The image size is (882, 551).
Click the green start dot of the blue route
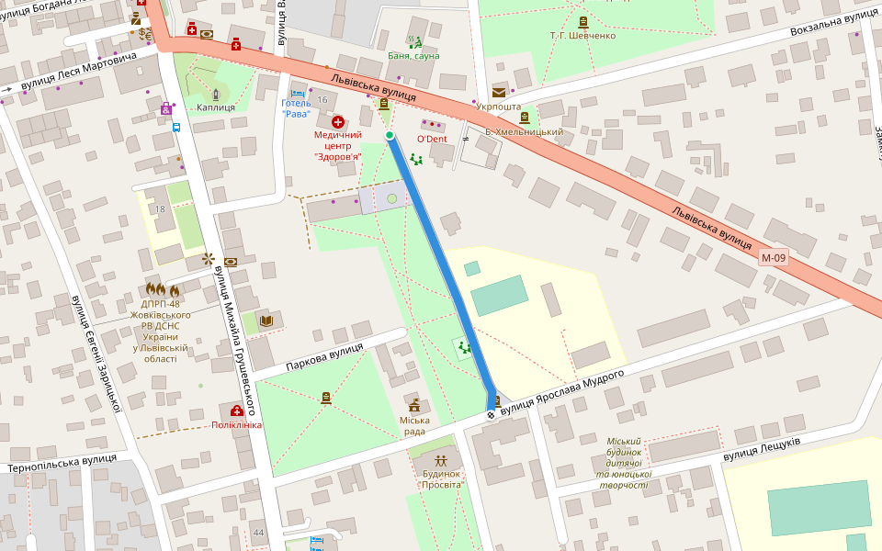click(390, 136)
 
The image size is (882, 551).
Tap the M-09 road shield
click(773, 258)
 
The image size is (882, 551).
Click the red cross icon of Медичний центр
click(337, 121)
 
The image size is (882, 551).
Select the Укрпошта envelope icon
click(499, 92)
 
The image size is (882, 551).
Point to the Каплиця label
click(216, 107)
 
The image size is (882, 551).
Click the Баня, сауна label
click(413, 56)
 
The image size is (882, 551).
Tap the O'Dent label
click(432, 139)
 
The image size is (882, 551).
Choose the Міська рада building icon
click(414, 405)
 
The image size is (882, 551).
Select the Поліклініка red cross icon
click(237, 410)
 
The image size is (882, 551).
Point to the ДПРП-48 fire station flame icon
click(161, 290)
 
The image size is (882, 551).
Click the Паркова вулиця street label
click(324, 357)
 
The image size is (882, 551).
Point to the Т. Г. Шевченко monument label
click(582, 35)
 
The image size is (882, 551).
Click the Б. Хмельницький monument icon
click(525, 118)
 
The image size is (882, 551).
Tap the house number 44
click(258, 533)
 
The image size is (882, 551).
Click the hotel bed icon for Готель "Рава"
click(297, 93)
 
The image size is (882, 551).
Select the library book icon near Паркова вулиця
click(266, 320)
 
